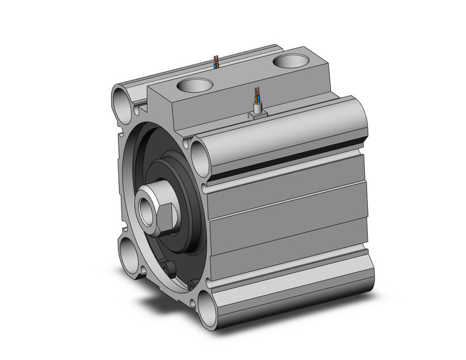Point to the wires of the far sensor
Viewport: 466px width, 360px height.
pos(216,60)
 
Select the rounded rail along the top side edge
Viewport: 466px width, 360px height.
pos(282,132)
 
